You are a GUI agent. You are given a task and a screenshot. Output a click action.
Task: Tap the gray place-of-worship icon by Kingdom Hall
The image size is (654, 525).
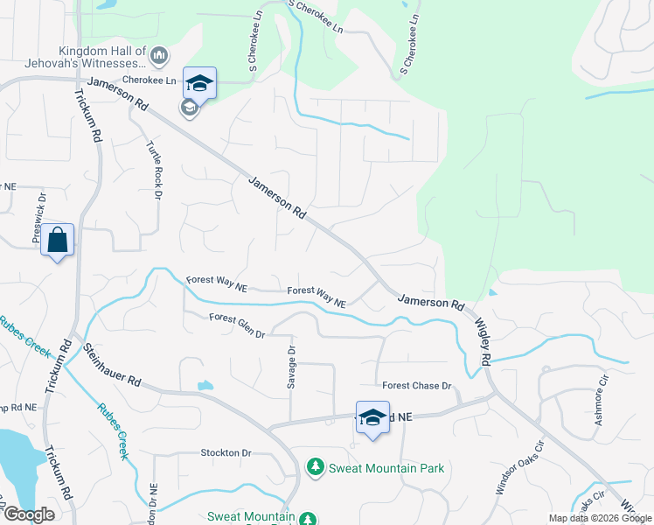click(x=159, y=57)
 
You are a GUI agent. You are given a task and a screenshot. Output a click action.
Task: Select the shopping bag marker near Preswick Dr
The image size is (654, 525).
click(x=57, y=241)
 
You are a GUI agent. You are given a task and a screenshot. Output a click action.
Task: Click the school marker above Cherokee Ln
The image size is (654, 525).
click(x=199, y=84)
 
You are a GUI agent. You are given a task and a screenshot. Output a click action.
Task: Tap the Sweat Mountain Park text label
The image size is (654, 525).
click(x=386, y=468)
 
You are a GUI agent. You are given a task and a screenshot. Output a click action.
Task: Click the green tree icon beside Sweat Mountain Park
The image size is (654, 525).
click(x=315, y=468)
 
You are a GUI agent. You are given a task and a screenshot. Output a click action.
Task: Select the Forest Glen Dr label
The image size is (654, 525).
click(x=237, y=322)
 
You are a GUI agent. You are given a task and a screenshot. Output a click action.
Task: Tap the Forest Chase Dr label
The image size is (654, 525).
click(x=416, y=386)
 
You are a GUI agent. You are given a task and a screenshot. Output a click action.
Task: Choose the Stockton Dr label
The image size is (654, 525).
click(x=226, y=453)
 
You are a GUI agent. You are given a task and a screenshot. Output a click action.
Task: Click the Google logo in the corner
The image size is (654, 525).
click(x=29, y=514)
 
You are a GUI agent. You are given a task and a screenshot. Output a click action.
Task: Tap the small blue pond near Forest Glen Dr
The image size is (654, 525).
click(x=205, y=385)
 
